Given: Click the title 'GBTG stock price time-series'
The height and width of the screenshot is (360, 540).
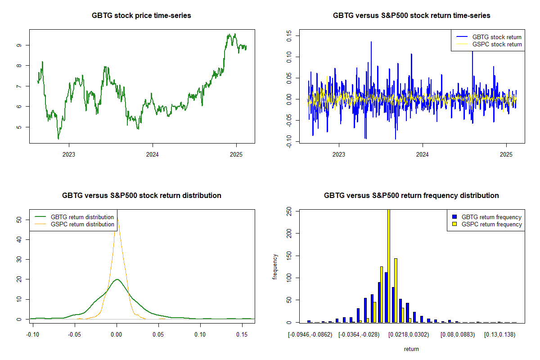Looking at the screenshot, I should (141, 16).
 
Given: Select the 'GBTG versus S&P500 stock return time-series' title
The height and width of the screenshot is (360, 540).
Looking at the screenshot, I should (411, 16).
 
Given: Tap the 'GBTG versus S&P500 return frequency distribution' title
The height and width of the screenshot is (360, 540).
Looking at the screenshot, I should (411, 196).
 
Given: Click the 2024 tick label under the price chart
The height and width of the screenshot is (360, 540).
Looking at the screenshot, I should (153, 154).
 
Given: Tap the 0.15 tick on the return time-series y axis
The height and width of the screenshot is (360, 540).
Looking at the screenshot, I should (289, 36).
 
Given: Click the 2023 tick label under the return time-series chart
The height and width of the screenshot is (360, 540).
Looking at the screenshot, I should (339, 154).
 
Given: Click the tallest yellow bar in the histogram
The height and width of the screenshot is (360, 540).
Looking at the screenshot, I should (388, 265).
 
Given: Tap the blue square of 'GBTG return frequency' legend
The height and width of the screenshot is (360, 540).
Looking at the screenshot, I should (455, 217).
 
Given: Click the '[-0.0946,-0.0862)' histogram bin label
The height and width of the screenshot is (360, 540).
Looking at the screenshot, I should (310, 334).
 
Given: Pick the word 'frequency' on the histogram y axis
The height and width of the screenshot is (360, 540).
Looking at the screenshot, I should (275, 266).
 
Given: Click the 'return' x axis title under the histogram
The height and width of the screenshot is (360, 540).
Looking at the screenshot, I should (411, 349).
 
